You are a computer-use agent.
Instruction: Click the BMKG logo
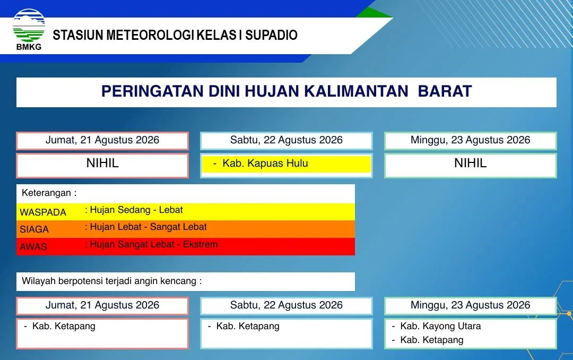pyautogui.click(x=29, y=29)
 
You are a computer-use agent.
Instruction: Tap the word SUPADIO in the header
pyautogui.click(x=271, y=35)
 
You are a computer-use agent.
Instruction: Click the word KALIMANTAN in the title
pyautogui.click(x=356, y=91)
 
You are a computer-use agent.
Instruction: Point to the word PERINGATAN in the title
pyautogui.click(x=152, y=91)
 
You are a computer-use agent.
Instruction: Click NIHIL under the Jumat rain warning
pyautogui.click(x=102, y=163)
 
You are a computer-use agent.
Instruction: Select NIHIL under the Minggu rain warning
pyautogui.click(x=470, y=163)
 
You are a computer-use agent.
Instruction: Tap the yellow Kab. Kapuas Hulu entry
pyautogui.click(x=265, y=163)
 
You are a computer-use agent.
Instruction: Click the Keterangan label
pyautogui.click(x=49, y=193)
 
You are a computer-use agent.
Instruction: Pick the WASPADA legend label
pyautogui.click(x=43, y=212)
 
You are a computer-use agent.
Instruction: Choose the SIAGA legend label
pyautogui.click(x=34, y=229)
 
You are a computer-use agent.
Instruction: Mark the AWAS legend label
pyautogui.click(x=33, y=246)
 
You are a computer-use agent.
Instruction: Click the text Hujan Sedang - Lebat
pyautogui.click(x=136, y=210)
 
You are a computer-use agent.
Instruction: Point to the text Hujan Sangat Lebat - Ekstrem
pyautogui.click(x=154, y=244)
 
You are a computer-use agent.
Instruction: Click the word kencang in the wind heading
pyautogui.click(x=182, y=281)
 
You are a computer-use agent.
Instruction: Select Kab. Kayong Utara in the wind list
pyautogui.click(x=440, y=326)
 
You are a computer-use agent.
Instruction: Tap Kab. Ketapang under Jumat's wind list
pyautogui.click(x=64, y=326)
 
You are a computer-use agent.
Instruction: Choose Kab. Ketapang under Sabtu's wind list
pyautogui.click(x=248, y=326)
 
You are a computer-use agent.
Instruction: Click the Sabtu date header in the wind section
pyautogui.click(x=286, y=305)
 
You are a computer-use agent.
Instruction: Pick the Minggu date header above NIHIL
pyautogui.click(x=470, y=140)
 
